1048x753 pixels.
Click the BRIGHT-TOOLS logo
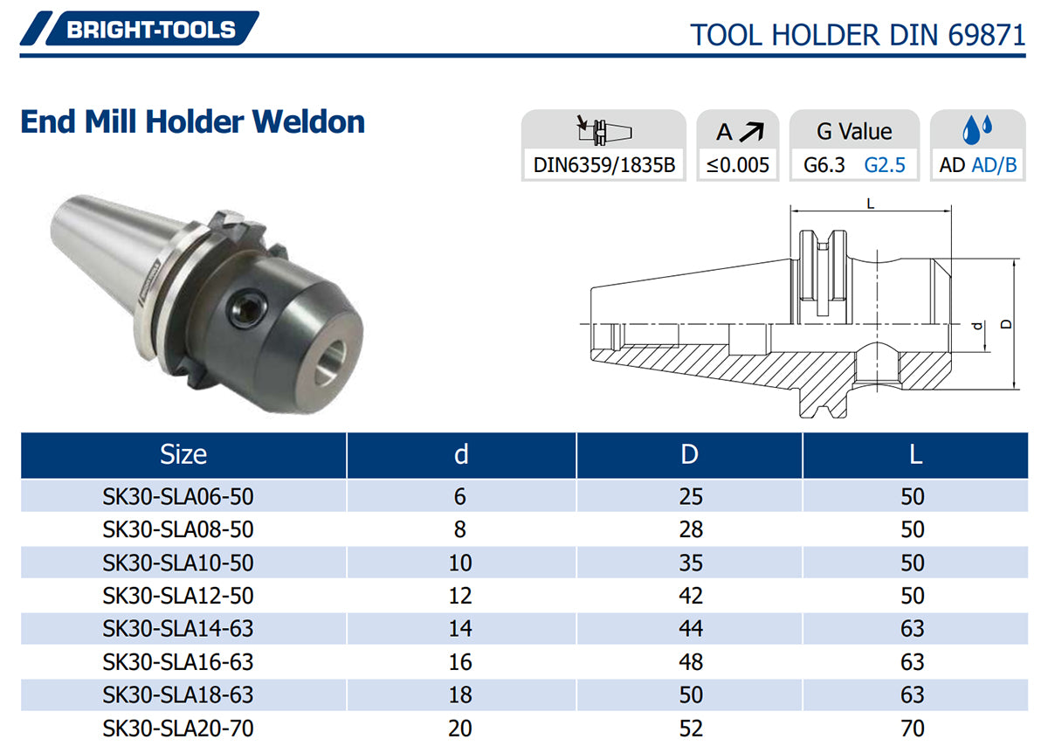[x=140, y=28]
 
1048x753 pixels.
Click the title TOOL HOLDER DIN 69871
[x=858, y=35]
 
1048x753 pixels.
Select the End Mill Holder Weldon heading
[x=193, y=121]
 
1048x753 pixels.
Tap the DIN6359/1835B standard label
[x=604, y=165]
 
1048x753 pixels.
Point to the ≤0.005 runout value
[x=738, y=165]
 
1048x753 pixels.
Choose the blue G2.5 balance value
[x=885, y=165]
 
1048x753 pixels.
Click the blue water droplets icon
[x=977, y=128]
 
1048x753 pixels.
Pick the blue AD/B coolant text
[x=994, y=165]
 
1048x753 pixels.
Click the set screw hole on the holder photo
[x=246, y=308]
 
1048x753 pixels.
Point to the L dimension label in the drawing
[x=871, y=204]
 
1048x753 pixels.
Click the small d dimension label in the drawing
[x=977, y=326]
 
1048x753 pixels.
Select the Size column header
[x=183, y=454]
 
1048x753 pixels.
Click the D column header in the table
[x=689, y=454]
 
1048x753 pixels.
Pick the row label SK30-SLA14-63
[x=178, y=628]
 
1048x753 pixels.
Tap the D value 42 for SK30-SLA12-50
[x=691, y=595]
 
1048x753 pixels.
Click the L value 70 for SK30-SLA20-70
[x=913, y=729]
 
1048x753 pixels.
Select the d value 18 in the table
[x=460, y=694]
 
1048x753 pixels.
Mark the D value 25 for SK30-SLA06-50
[x=691, y=496]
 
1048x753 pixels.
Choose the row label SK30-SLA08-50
[x=178, y=529]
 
